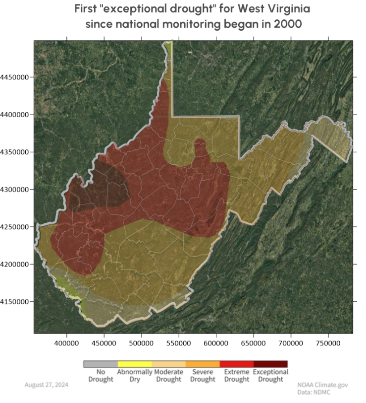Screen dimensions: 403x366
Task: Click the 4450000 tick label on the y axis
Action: point(15,77)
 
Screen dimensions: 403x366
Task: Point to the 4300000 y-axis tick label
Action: point(15,190)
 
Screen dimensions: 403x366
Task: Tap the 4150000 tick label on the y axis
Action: point(15,302)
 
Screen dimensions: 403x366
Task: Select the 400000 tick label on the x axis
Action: point(67,342)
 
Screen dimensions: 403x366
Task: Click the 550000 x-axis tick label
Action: point(179,342)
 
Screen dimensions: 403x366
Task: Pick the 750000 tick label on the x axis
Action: point(328,342)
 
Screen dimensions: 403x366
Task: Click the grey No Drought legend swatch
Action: point(101,364)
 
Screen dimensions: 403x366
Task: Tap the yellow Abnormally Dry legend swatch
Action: point(135,364)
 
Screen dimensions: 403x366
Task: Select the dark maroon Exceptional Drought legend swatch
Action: point(270,364)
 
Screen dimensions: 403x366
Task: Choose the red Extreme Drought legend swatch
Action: point(237,364)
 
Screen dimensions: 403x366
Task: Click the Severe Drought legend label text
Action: point(203,376)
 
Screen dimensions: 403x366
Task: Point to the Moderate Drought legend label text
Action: point(168,376)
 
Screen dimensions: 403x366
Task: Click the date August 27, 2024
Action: point(47,385)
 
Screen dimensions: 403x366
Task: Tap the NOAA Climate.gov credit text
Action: point(319,385)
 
